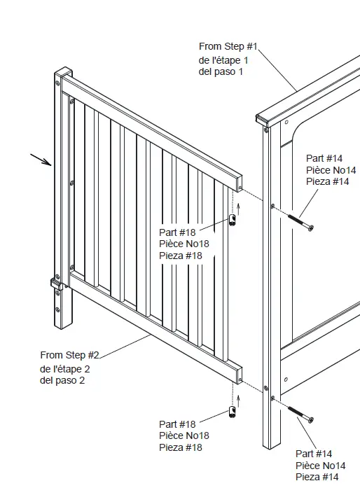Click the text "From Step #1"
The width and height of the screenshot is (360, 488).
coord(228,46)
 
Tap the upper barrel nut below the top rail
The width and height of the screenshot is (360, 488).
coord(233,221)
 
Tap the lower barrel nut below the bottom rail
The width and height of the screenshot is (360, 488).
coord(232,411)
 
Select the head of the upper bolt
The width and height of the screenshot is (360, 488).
coord(310,228)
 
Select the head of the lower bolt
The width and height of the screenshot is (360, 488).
coord(310,420)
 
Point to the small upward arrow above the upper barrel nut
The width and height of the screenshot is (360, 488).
coord(238,206)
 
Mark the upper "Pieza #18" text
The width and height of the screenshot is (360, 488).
coord(180,256)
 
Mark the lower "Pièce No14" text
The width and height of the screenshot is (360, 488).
coord(320,466)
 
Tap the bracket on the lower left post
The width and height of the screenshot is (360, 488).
coord(55,284)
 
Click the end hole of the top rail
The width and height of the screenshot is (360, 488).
coord(240,188)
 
